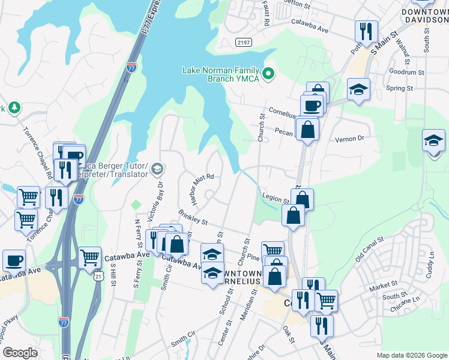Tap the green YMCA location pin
(269, 74)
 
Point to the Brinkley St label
(193, 218)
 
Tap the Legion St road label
(276, 197)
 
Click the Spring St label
(399, 88)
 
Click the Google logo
(20, 353)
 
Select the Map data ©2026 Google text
(411, 355)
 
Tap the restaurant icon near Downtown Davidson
(365, 31)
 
